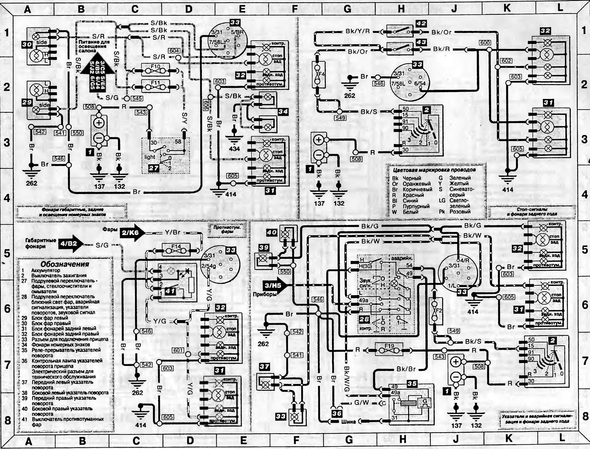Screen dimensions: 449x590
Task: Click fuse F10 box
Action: pyautogui.click(x=155, y=70)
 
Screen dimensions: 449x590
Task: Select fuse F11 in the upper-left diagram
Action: pyautogui.click(x=155, y=86)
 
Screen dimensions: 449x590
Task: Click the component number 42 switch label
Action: pyautogui.click(x=421, y=24)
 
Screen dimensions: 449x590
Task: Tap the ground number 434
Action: pyautogui.click(x=234, y=149)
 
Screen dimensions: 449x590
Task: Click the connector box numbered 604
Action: pyautogui.click(x=174, y=51)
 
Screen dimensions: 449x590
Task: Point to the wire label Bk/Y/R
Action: pyautogui.click(x=358, y=31)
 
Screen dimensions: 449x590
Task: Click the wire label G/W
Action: pyautogui.click(x=362, y=402)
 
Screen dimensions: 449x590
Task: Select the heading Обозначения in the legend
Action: pyautogui.click(x=65, y=264)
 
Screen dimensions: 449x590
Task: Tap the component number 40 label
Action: pyautogui.click(x=272, y=232)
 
